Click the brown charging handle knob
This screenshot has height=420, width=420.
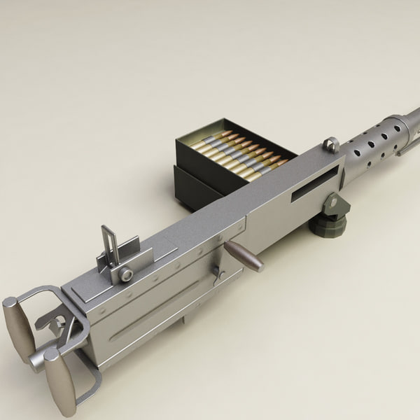[246, 256]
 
